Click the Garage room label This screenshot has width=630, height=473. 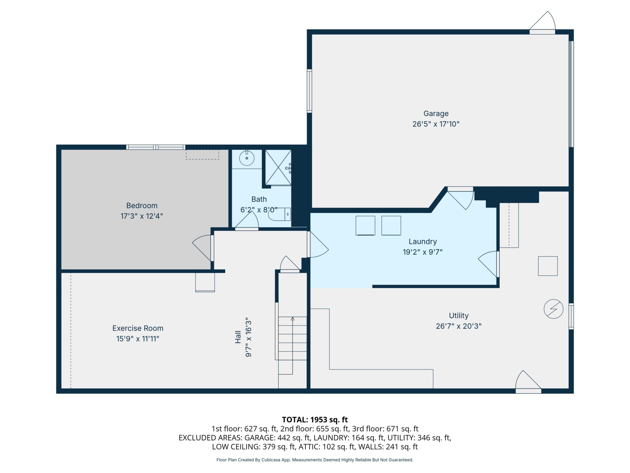tap(436, 113)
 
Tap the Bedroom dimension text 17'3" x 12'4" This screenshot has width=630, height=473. tap(142, 216)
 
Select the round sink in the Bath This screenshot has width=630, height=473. tap(247, 158)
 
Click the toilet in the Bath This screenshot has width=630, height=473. tap(280, 215)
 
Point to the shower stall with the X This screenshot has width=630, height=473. tap(278, 167)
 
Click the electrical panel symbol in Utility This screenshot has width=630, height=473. tap(553, 309)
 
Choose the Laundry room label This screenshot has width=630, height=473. tap(423, 242)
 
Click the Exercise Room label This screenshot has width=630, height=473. tap(138, 328)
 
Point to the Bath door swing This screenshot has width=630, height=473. tap(247, 220)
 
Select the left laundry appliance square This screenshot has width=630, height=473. tap(365, 226)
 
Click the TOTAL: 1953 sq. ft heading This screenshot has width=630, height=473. tap(315, 420)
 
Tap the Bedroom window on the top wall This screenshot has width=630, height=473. tap(156, 147)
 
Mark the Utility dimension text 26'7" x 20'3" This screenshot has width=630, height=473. tap(459, 326)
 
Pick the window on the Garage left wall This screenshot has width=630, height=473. tap(309, 91)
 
